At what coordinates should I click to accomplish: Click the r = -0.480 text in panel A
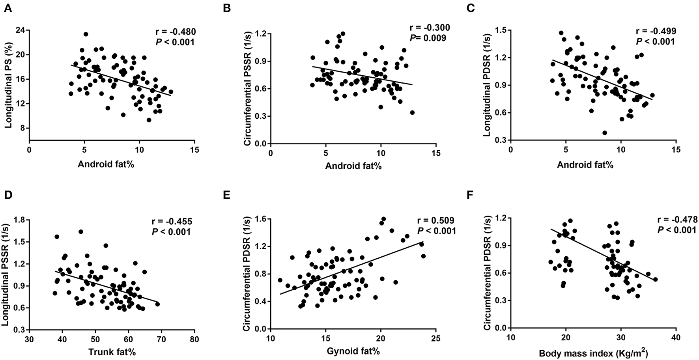click(x=174, y=32)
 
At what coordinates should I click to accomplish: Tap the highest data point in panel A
click(x=86, y=34)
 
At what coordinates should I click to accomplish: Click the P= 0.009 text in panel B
click(x=428, y=38)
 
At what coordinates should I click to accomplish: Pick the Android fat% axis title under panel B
click(x=353, y=166)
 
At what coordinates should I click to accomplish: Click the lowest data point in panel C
click(x=604, y=133)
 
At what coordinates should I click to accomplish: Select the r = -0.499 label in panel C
click(x=656, y=32)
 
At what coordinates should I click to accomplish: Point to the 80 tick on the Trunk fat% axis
click(x=194, y=339)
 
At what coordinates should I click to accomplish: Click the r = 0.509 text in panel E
click(x=436, y=220)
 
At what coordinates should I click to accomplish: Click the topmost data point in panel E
click(x=383, y=219)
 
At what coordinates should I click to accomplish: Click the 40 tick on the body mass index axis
click(x=676, y=339)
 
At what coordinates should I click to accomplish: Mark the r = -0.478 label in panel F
click(x=677, y=220)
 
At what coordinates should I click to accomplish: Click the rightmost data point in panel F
click(x=655, y=280)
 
